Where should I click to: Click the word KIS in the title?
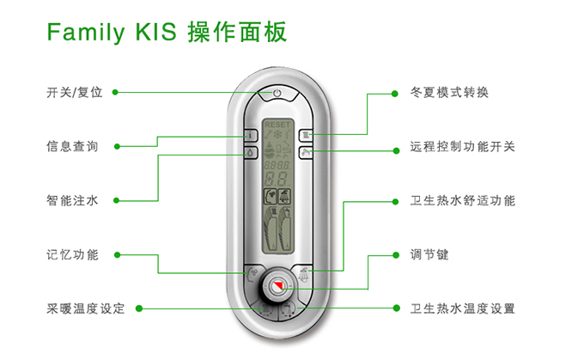[x=155, y=34]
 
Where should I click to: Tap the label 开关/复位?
[x=75, y=92]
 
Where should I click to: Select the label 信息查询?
[x=72, y=146]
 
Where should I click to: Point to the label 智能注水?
[x=72, y=201]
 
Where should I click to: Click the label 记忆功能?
[x=72, y=254]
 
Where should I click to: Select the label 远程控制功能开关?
[x=463, y=147]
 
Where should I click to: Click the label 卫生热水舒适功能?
[x=463, y=201]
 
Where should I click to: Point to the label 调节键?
[x=430, y=255]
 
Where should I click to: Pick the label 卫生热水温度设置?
[x=463, y=308]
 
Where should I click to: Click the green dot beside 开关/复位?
[x=116, y=92]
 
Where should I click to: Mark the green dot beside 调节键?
[x=394, y=255]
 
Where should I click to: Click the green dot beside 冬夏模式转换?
[x=394, y=92]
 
